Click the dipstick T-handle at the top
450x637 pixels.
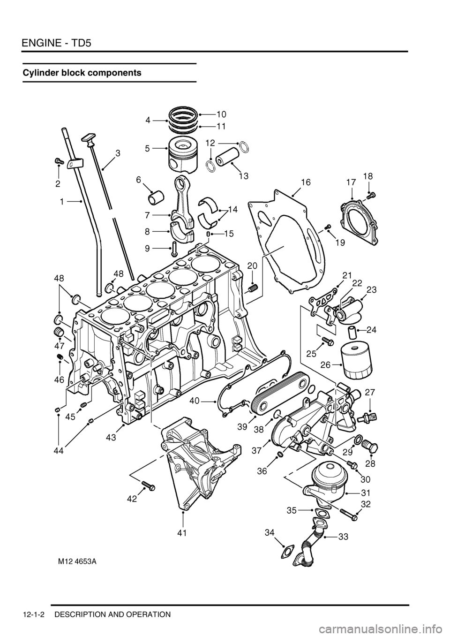pos(88,137)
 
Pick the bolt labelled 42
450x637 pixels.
pos(148,486)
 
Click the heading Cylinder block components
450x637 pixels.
pos(82,73)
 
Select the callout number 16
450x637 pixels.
pos(306,182)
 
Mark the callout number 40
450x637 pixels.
pos(195,401)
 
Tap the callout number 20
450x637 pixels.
pos(252,266)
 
